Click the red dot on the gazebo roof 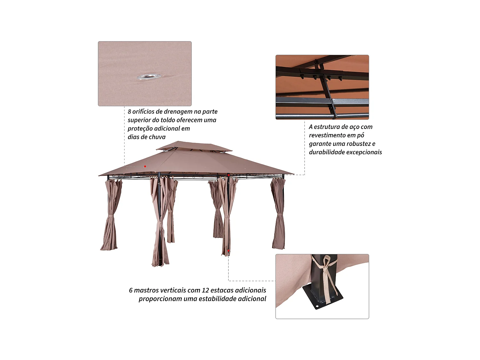(145, 166)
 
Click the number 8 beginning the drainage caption (129, 112)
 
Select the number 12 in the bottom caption (205, 290)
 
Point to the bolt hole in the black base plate (317, 306)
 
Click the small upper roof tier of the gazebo (194, 147)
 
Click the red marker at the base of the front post (228, 251)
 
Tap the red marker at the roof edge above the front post (228, 175)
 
